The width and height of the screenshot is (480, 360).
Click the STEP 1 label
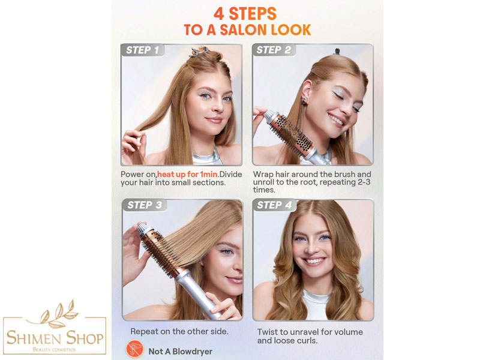(x=143, y=50)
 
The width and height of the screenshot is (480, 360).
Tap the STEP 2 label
(x=274, y=50)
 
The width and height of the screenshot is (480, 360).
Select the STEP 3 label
(x=145, y=205)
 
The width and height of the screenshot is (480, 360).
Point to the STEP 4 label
(x=275, y=205)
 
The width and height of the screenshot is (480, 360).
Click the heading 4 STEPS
(x=245, y=14)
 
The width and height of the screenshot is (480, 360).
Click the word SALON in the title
(x=243, y=29)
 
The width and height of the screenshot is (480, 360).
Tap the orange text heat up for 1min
(x=187, y=174)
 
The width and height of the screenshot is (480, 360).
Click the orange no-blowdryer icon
(x=134, y=349)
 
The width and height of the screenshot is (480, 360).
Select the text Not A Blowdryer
(x=181, y=352)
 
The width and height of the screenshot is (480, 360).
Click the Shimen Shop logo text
(x=55, y=338)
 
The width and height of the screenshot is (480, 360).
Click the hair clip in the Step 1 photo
(x=198, y=52)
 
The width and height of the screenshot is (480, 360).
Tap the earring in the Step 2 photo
(x=305, y=100)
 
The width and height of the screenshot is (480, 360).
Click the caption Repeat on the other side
(x=179, y=332)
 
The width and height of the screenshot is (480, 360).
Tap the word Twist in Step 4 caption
(x=268, y=332)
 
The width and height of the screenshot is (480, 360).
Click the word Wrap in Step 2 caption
(x=263, y=175)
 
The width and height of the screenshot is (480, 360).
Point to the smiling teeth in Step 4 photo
(x=314, y=261)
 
